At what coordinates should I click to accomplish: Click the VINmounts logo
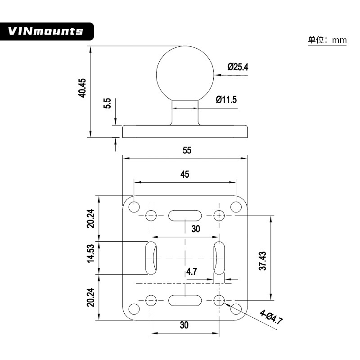[x=46, y=31]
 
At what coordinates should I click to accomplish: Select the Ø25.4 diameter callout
[x=238, y=67]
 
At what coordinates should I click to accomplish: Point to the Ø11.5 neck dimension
[x=226, y=99]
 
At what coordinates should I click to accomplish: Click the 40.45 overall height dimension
[x=82, y=88]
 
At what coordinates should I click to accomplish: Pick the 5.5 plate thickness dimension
[x=107, y=104]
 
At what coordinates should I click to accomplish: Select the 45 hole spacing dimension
[x=184, y=175]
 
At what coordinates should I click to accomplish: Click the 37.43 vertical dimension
[x=263, y=261]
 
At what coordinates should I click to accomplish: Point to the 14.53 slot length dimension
[x=91, y=253]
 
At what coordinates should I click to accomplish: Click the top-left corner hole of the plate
[x=134, y=207]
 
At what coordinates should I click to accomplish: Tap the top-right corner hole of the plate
[x=236, y=207]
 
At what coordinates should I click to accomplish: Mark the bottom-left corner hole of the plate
[x=134, y=309]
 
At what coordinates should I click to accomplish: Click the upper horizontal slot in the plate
[x=184, y=215]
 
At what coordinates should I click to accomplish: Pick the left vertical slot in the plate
[x=151, y=258]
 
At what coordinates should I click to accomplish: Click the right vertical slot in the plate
[x=219, y=258]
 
